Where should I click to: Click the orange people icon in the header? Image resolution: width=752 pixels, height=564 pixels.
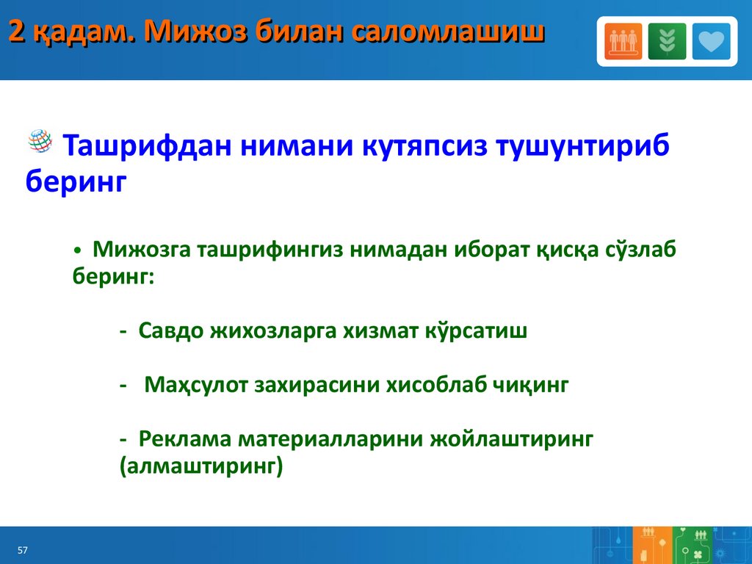click(623, 41)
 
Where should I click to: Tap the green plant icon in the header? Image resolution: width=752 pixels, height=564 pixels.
click(667, 41)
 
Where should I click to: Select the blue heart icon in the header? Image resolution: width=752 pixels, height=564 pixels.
click(711, 41)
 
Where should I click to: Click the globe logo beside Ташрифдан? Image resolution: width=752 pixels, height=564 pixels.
click(40, 141)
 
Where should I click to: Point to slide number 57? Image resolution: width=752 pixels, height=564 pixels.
click(23, 550)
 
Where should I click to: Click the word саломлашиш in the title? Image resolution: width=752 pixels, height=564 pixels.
click(448, 32)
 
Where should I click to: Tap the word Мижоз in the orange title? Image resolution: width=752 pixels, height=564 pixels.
click(196, 32)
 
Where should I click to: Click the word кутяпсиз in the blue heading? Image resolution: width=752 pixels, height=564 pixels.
click(424, 145)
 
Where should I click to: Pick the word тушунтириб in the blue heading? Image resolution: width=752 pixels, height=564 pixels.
click(583, 145)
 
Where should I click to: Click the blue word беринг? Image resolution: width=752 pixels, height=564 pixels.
click(76, 182)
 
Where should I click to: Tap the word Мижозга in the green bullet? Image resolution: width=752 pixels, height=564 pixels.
click(142, 250)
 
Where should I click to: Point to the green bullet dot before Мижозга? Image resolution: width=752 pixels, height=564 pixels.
click(78, 251)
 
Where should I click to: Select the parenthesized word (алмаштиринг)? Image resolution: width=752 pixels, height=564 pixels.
click(201, 466)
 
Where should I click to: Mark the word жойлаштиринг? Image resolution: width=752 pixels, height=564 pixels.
click(511, 439)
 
